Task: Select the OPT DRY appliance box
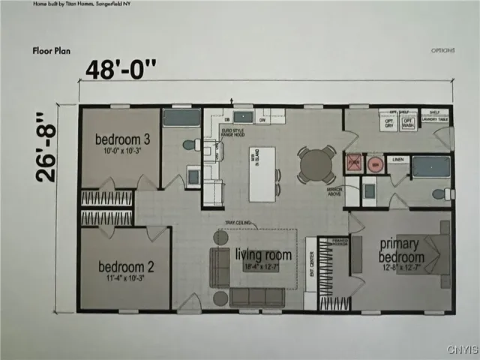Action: (x=388, y=124)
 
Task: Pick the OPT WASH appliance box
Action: (x=409, y=124)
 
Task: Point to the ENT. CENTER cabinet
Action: (x=310, y=272)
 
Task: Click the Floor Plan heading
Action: (x=51, y=51)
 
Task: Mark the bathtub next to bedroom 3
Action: (x=181, y=118)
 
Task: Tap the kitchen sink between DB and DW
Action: (x=243, y=116)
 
